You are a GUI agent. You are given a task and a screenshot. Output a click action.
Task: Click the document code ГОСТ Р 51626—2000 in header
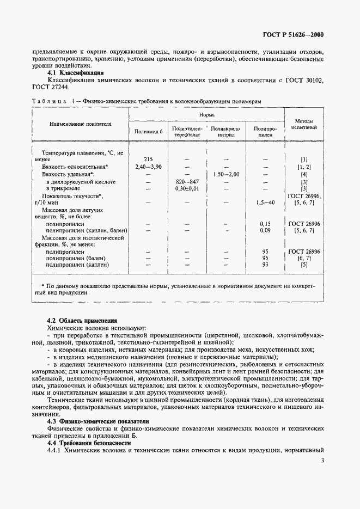click(293, 35)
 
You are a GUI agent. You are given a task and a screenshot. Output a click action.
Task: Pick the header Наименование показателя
click(81, 124)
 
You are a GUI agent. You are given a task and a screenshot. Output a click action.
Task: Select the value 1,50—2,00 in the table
click(226, 174)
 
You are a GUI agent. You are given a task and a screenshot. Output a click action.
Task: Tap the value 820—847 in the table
click(187, 181)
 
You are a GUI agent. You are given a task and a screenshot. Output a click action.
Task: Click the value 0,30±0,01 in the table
click(187, 188)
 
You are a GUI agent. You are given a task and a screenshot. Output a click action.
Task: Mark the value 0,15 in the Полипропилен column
click(265, 224)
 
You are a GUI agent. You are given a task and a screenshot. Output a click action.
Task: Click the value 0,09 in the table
click(265, 231)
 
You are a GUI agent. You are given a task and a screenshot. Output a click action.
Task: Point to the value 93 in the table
click(265, 265)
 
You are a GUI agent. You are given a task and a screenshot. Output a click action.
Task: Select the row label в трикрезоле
click(64, 188)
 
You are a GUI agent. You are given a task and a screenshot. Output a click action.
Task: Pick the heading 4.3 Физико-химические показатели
click(97, 421)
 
